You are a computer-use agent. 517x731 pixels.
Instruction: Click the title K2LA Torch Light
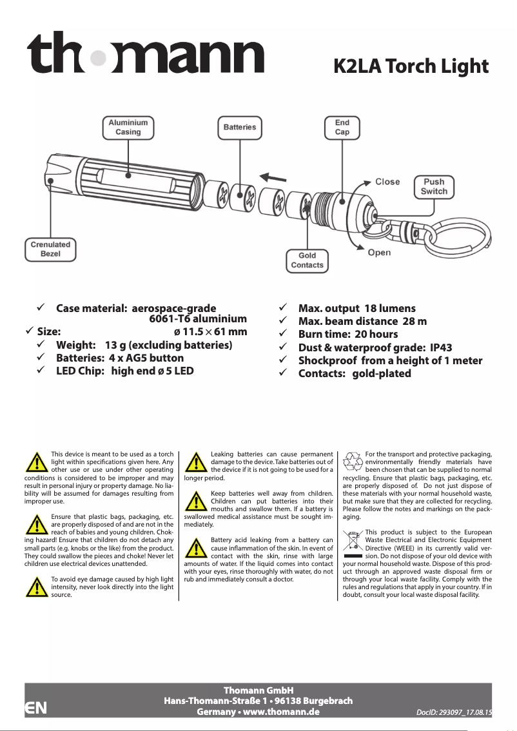(x=410, y=66)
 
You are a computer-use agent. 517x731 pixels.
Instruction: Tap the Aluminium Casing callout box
(x=128, y=127)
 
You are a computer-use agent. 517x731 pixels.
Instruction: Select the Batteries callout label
(x=239, y=127)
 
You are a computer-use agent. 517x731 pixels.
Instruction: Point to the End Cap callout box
(x=342, y=127)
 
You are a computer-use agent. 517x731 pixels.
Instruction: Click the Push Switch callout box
(x=434, y=186)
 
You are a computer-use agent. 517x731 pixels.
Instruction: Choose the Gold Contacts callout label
(x=307, y=260)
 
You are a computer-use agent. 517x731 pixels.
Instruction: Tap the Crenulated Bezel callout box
(x=51, y=249)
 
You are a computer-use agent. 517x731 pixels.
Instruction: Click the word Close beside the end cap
(x=387, y=182)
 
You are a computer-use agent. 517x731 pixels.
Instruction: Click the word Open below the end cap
(x=379, y=252)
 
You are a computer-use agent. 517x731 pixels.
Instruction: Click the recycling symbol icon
(x=353, y=462)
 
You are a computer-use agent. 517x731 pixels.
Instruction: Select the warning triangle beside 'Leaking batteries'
(x=196, y=462)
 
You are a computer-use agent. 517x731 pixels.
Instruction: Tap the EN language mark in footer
(x=35, y=707)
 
